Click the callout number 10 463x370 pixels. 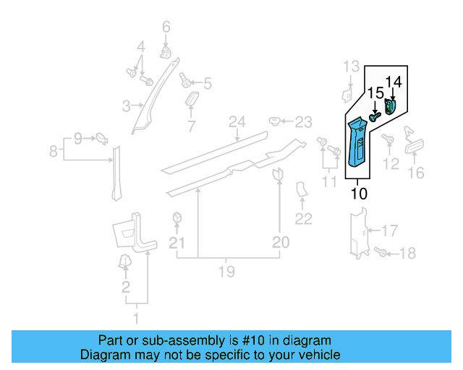(359, 194)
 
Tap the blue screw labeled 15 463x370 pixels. (375, 116)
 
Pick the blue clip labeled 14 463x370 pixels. (391, 107)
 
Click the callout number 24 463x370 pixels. (234, 121)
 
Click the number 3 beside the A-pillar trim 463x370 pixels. (125, 107)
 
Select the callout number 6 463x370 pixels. (166, 28)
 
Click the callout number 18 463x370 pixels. (407, 253)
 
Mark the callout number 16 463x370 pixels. (416, 173)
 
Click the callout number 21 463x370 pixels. (177, 244)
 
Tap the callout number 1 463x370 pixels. (135, 319)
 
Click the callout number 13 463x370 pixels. (351, 67)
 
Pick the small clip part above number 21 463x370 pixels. (177, 218)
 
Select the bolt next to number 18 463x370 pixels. (382, 252)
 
